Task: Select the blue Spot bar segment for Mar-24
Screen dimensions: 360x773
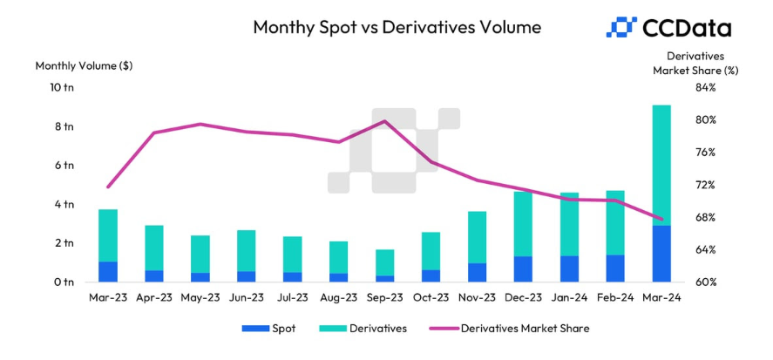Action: click(x=661, y=254)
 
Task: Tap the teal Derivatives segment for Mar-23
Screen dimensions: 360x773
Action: click(x=108, y=235)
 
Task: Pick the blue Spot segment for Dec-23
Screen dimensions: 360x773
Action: click(x=523, y=268)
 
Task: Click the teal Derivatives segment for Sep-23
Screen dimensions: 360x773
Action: click(x=384, y=262)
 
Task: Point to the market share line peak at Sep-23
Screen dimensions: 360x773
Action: click(x=385, y=121)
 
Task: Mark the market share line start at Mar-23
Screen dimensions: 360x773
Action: click(x=108, y=187)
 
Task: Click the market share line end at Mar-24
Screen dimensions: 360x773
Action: click(x=661, y=219)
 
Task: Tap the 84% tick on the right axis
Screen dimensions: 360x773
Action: click(x=705, y=87)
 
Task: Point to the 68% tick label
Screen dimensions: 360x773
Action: click(x=705, y=217)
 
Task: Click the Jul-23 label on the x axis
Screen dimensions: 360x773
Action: click(x=292, y=298)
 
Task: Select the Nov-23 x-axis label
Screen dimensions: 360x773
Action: click(x=477, y=298)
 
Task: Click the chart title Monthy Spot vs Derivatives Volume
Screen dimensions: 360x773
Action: click(x=397, y=27)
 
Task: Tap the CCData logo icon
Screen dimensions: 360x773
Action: click(x=620, y=27)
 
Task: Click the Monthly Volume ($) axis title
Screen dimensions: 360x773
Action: click(x=84, y=65)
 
